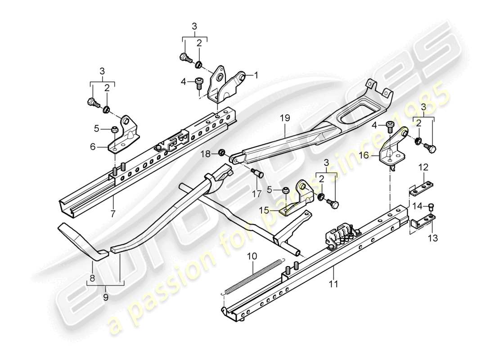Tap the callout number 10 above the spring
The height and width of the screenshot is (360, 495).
pos(252,256)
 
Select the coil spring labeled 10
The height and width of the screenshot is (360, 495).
pos(246,277)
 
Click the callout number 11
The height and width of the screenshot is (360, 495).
pos(333,283)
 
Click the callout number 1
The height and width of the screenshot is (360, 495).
pos(256,76)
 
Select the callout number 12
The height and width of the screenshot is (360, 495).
pos(424,167)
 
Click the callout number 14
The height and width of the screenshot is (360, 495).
pos(417,206)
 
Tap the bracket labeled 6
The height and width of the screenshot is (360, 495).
pos(122,137)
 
